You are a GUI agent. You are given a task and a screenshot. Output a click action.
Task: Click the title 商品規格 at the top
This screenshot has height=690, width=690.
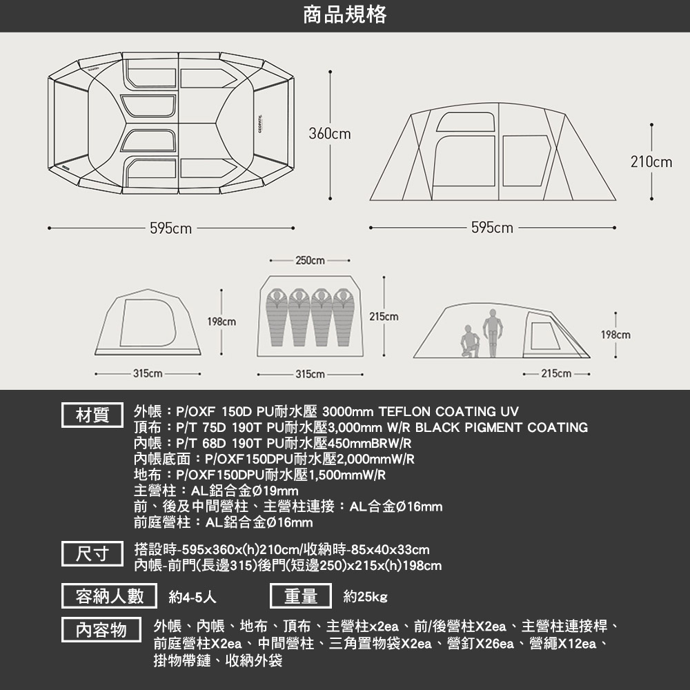(x=345, y=14)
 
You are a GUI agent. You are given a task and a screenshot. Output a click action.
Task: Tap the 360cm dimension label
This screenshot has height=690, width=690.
(x=330, y=133)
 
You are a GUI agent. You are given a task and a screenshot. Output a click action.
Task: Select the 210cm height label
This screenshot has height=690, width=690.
(x=651, y=162)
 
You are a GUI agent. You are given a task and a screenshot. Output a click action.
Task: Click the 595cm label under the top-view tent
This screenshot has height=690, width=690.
(x=170, y=228)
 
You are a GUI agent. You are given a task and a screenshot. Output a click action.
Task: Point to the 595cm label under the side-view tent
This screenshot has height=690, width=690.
(x=492, y=228)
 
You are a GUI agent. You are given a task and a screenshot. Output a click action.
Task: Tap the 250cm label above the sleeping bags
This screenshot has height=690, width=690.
(x=310, y=261)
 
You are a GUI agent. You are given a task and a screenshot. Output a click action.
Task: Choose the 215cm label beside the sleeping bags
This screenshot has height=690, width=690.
(x=384, y=317)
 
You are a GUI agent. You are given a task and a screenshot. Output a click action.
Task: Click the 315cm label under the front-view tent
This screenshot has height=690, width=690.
(x=148, y=373)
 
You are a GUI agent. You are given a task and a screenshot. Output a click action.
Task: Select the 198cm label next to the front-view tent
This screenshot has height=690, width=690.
(x=221, y=322)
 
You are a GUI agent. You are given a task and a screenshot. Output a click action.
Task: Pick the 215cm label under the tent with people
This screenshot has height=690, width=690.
(x=556, y=373)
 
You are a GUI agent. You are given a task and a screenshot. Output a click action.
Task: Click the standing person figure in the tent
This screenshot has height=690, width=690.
(x=493, y=333)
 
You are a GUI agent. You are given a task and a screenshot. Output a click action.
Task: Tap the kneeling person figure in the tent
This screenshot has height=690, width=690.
(x=470, y=342)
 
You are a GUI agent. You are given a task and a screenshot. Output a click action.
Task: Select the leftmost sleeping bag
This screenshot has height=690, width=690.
(x=277, y=317)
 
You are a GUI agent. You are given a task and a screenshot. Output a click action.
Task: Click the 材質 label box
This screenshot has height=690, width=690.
(x=92, y=415)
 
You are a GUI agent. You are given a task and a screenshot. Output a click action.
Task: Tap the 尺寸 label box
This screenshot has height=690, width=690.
(x=92, y=553)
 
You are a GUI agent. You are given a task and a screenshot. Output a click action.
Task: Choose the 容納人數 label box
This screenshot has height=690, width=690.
(x=109, y=596)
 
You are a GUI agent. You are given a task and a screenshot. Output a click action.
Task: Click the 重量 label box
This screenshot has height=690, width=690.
(x=301, y=596)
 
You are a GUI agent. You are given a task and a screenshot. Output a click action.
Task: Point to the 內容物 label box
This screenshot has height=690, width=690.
(x=101, y=630)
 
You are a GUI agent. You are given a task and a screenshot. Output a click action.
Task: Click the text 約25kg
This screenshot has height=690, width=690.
(x=365, y=597)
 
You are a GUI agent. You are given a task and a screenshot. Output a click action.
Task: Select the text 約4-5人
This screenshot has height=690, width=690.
(x=193, y=597)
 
